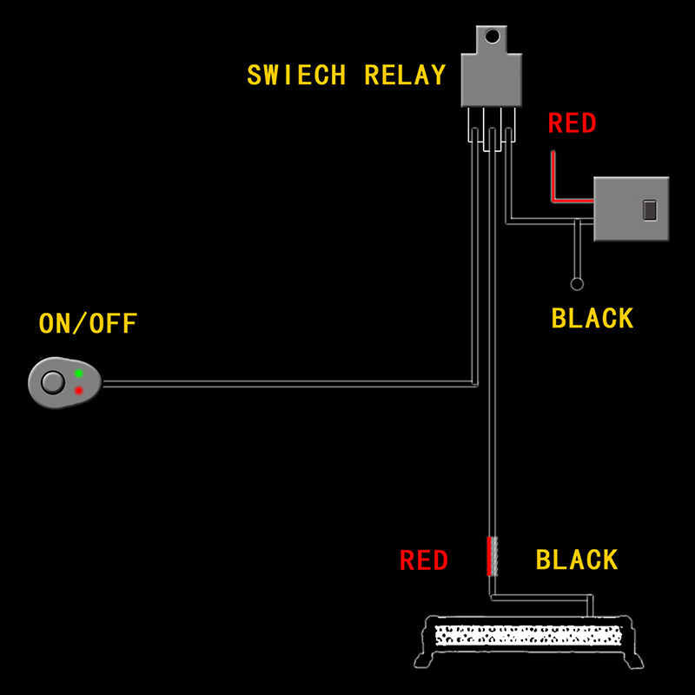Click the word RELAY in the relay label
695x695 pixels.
(405, 75)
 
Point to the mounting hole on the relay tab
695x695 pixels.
(493, 36)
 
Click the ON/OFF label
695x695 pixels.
(88, 325)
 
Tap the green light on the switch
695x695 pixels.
(78, 374)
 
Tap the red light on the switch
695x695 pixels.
(78, 391)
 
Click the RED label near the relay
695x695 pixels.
(572, 123)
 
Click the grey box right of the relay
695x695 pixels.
(632, 208)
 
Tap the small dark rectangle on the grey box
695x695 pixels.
(648, 209)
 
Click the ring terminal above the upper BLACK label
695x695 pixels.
(576, 283)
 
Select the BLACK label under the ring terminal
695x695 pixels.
(592, 319)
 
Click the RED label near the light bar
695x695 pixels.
(423, 560)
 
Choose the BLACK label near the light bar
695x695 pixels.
(577, 560)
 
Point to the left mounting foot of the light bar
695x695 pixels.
(425, 660)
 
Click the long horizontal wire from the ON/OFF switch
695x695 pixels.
(287, 382)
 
